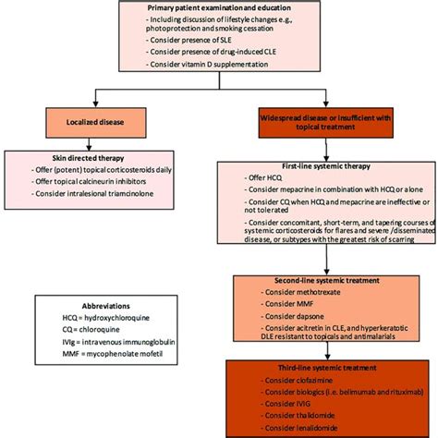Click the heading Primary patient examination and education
[219, 8]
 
